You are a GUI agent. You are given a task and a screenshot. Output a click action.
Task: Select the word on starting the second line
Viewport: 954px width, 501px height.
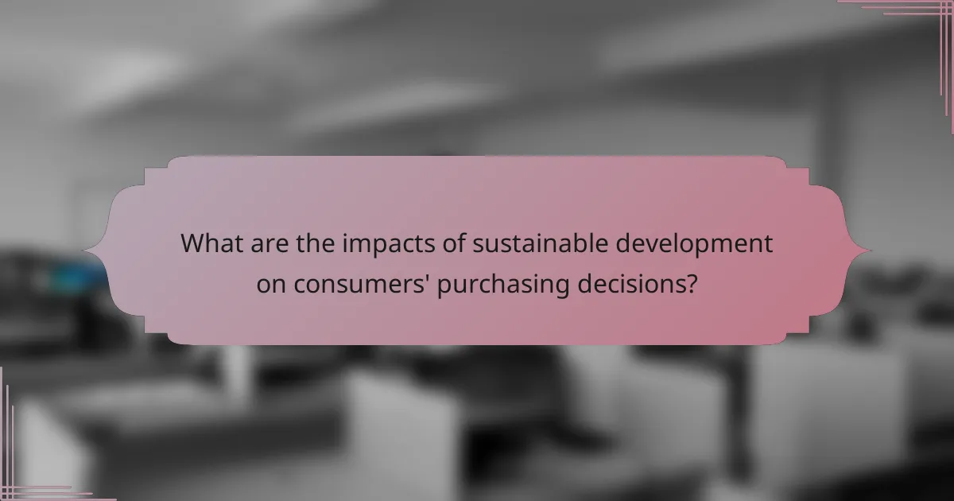point(271,285)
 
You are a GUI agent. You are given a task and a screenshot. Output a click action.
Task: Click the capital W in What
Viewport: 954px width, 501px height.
point(193,243)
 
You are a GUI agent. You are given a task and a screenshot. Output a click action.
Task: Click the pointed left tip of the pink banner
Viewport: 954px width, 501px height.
point(84,251)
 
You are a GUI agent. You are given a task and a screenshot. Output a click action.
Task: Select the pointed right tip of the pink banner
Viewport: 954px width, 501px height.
point(870,251)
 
